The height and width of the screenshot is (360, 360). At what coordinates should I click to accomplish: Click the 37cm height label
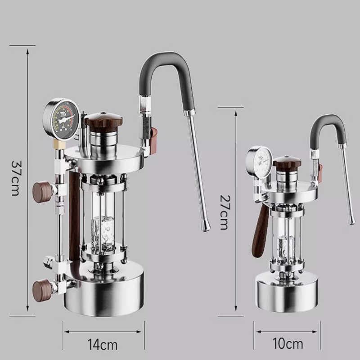15,178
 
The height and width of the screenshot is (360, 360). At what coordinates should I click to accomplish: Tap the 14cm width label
103,345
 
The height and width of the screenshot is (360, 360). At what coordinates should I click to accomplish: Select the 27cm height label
224,212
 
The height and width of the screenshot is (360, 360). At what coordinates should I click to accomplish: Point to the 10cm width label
288,344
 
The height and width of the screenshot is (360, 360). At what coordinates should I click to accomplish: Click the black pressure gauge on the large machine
61,119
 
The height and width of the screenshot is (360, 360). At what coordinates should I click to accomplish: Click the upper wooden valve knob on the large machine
43,192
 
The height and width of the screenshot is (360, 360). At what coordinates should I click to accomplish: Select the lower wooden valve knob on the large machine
43,290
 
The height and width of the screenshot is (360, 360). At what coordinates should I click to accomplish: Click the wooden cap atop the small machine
287,162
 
